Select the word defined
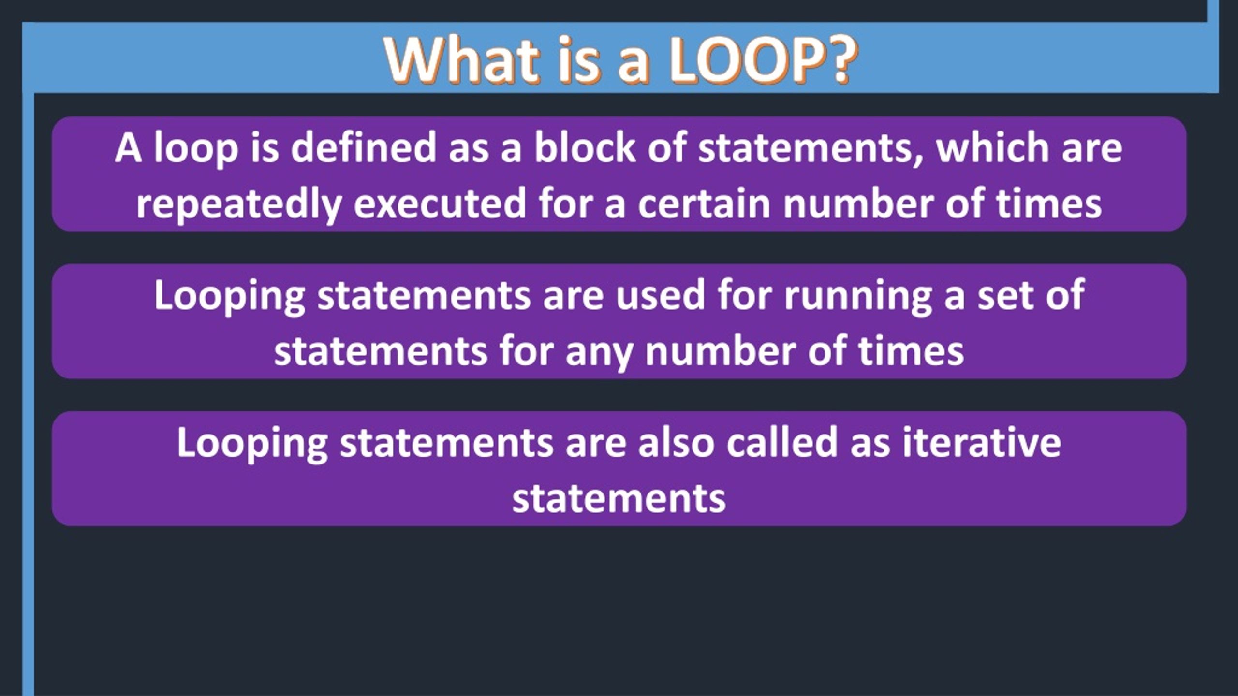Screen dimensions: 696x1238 click(364, 148)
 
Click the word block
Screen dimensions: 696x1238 click(584, 148)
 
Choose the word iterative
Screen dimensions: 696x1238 click(982, 442)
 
